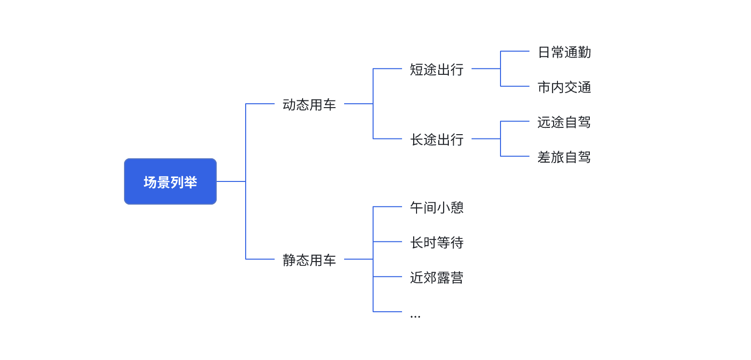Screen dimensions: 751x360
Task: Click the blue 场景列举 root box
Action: coord(170,181)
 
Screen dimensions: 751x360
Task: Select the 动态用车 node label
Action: coord(309,105)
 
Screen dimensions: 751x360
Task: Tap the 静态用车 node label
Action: coord(309,260)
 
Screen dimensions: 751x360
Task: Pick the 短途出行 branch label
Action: coord(436,69)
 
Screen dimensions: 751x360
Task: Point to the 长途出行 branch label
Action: coord(436,139)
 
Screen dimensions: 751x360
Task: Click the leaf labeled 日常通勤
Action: coord(564,52)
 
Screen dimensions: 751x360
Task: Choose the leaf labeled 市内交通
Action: coord(564,87)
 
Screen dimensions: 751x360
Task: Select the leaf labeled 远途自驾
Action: coord(564,122)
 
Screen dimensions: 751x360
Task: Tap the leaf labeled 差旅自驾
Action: coord(564,157)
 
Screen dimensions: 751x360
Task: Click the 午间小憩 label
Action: coord(436,208)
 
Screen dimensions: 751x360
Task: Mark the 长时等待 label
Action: coord(436,242)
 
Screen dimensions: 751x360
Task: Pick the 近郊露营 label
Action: coord(436,277)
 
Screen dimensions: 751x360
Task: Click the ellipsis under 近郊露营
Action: coord(415,316)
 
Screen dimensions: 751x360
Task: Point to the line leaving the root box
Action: coord(231,181)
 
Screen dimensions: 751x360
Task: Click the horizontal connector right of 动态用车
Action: coord(359,104)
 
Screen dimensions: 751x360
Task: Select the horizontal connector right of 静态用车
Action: coord(359,259)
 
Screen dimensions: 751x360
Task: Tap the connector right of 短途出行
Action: coord(486,69)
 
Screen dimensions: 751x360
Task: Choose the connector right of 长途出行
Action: coord(486,139)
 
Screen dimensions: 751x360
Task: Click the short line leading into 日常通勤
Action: coord(515,51)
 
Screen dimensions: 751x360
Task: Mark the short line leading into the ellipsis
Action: coord(388,312)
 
